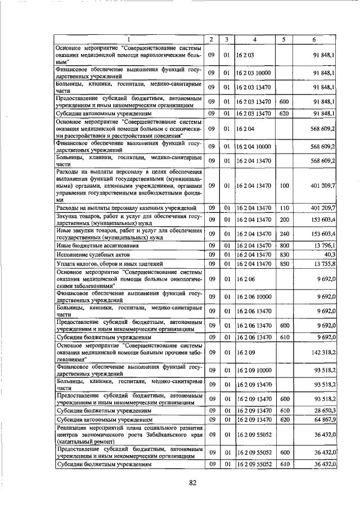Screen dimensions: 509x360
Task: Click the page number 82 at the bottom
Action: (x=193, y=482)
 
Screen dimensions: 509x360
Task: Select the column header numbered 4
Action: (x=255, y=39)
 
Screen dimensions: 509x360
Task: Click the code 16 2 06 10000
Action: (x=254, y=296)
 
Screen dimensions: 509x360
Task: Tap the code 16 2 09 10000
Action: (x=254, y=369)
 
